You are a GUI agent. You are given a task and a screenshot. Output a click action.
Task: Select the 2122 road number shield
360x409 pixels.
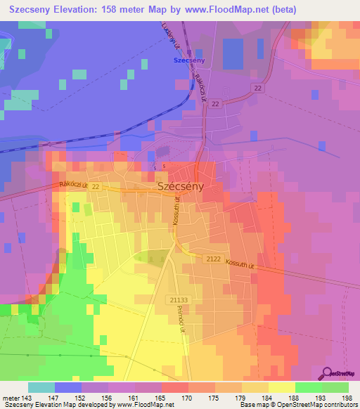pos(214,259)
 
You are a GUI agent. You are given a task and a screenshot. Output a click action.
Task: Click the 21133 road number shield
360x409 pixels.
pos(179,299)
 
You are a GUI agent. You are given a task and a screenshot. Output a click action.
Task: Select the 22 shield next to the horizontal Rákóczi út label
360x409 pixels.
pos(95,186)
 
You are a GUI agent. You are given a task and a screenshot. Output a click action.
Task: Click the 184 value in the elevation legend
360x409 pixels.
pos(269,397)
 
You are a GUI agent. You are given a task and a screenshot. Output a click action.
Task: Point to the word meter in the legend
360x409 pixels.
pos(11,397)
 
